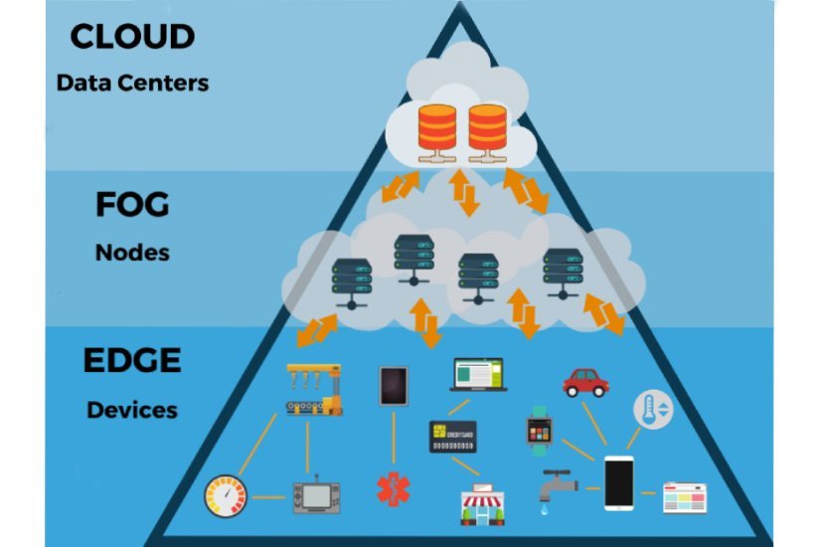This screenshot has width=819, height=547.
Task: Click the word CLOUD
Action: [131, 38]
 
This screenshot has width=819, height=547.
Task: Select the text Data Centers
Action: [132, 83]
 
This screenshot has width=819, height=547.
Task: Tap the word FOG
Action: [131, 206]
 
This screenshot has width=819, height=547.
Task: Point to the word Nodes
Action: [132, 253]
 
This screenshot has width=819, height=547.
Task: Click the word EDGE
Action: [131, 360]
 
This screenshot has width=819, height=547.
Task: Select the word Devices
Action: [132, 409]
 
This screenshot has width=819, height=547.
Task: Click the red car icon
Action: [585, 382]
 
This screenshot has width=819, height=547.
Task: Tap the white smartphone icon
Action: [619, 483]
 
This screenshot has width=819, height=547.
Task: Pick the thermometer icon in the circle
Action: [654, 410]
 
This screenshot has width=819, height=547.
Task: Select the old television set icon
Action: [315, 494]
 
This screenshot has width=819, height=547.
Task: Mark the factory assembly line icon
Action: [312, 389]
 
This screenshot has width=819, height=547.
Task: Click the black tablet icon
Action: [393, 386]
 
